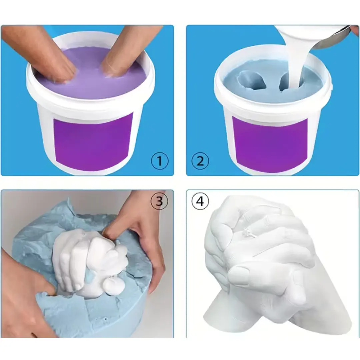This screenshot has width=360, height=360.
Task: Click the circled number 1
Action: click(160, 161)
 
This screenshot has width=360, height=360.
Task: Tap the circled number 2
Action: click(200, 161)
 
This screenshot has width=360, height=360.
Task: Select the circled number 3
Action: click(159, 201)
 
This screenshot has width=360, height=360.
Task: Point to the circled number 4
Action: click(200, 201)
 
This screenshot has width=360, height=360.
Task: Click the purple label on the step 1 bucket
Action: click(94, 141)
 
